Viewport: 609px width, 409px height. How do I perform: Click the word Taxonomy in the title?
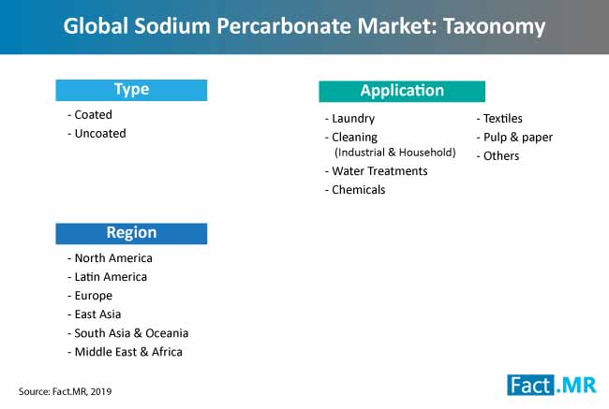(495, 27)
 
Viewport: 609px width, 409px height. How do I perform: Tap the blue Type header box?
(131, 90)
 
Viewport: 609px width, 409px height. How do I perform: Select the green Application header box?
(402, 91)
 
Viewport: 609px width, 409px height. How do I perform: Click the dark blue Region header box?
(131, 233)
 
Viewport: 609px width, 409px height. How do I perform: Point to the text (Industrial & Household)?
(395, 153)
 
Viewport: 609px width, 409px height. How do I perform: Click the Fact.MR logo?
(552, 385)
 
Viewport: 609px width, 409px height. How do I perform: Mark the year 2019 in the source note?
(101, 391)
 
